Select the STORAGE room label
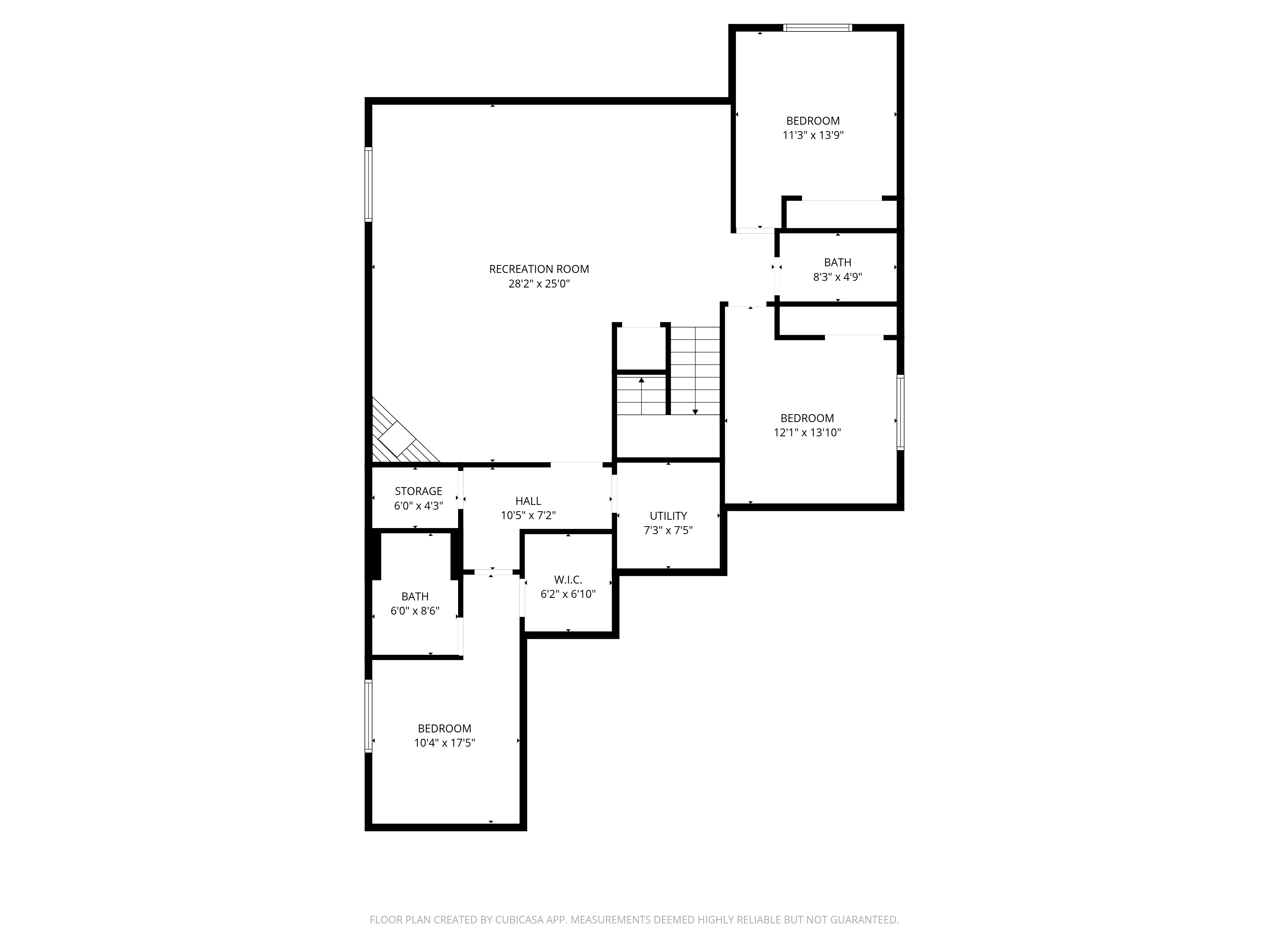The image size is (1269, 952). pyautogui.click(x=418, y=491)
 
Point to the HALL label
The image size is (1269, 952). pyautogui.click(x=528, y=501)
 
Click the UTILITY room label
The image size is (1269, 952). pyautogui.click(x=668, y=516)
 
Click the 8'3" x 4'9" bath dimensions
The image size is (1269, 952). pyautogui.click(x=838, y=277)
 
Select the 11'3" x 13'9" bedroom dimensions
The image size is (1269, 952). pyautogui.click(x=813, y=136)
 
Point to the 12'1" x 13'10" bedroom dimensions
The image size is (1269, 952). pyautogui.click(x=807, y=433)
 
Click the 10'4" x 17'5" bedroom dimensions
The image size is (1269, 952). pyautogui.click(x=444, y=743)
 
